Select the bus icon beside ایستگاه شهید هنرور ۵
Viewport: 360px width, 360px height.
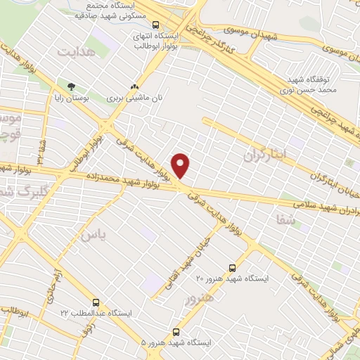point(175,332)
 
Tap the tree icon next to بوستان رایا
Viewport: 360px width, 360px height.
point(71,87)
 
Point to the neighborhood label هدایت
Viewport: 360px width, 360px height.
point(75,53)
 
